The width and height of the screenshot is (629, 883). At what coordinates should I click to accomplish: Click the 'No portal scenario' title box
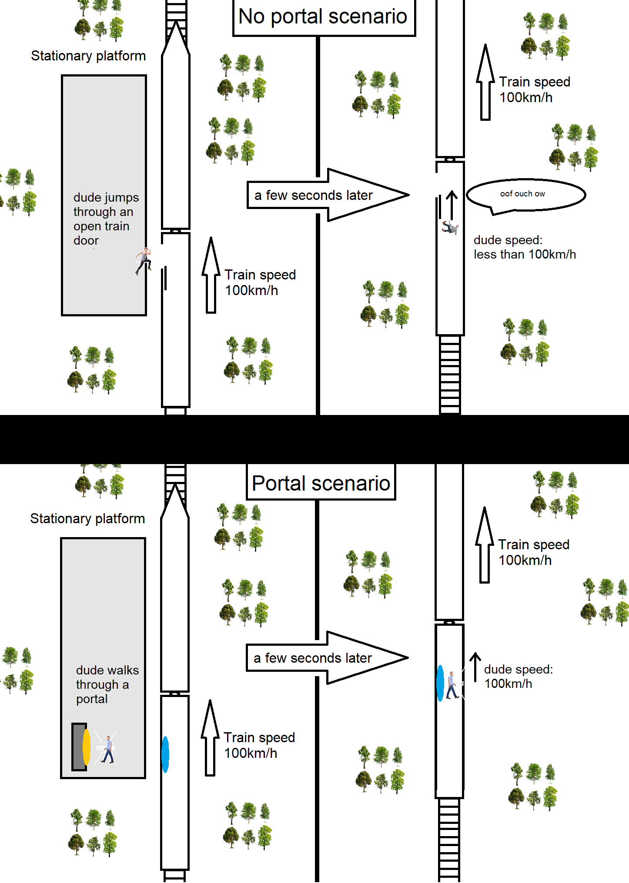pos(324,17)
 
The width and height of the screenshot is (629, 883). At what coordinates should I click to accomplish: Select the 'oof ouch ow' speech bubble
pos(525,195)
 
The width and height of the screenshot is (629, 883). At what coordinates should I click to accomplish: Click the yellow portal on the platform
pos(87,747)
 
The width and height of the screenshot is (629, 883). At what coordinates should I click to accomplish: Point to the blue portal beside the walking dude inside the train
pos(440,684)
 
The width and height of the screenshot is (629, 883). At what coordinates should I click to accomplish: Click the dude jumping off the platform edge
pos(143,261)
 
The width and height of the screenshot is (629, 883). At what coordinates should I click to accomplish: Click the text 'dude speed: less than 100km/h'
pos(524,247)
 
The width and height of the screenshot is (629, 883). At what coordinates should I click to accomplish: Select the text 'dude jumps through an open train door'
pos(105,219)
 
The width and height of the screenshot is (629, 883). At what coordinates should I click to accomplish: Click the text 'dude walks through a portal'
pos(107,684)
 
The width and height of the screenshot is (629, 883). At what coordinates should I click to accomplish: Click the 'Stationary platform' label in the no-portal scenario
pos(88,56)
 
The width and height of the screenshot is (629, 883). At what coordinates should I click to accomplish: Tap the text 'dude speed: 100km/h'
pos(518,677)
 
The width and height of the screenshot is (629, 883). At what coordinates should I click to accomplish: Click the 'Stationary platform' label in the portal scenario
pos(87,519)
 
